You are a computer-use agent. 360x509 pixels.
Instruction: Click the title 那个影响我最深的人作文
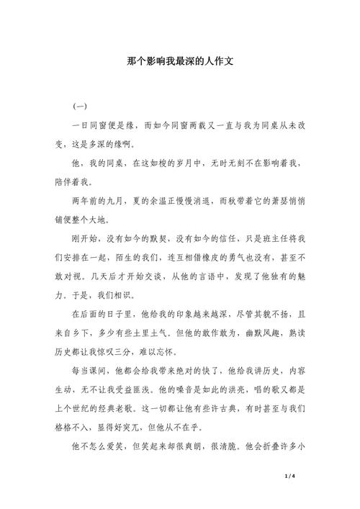click(180, 62)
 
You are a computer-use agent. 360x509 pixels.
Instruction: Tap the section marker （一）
click(80, 107)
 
